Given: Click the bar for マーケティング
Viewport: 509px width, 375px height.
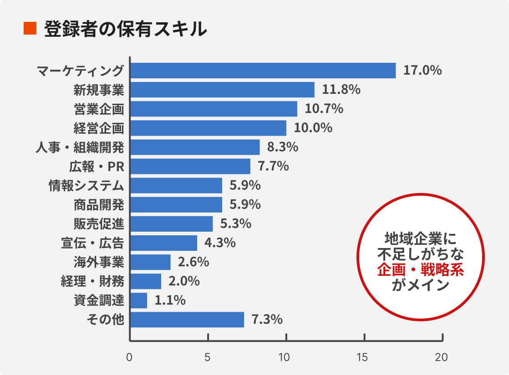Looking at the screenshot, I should [263, 71].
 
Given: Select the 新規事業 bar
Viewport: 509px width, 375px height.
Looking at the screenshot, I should [222, 90].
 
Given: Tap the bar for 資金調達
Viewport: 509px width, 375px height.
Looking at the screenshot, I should [139, 300].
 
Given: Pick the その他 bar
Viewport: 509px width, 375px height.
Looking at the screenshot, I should [187, 319].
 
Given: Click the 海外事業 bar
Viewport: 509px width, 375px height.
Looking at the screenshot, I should [151, 262].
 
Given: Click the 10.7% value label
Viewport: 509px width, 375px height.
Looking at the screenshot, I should [324, 109].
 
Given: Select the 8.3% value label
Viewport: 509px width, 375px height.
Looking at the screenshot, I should [283, 147].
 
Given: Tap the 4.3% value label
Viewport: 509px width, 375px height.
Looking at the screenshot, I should [220, 243].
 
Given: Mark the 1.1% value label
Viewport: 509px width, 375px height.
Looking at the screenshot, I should [170, 300].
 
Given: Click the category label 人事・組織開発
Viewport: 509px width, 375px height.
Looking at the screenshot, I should [80, 147].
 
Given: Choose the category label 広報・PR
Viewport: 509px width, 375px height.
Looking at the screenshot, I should [97, 167].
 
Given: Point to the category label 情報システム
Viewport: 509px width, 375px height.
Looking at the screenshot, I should [87, 186].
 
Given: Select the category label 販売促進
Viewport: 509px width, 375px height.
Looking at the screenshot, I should [99, 224].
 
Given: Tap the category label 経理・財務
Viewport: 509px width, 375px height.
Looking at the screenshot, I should [92, 281].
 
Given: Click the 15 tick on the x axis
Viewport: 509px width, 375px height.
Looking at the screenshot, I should [363, 358].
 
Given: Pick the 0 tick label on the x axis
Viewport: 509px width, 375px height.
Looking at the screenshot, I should [130, 358].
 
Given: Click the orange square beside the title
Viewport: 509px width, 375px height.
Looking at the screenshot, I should [30, 29].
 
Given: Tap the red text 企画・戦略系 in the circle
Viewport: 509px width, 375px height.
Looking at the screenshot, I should [420, 270].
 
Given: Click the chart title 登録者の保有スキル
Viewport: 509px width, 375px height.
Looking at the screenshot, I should [126, 29].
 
